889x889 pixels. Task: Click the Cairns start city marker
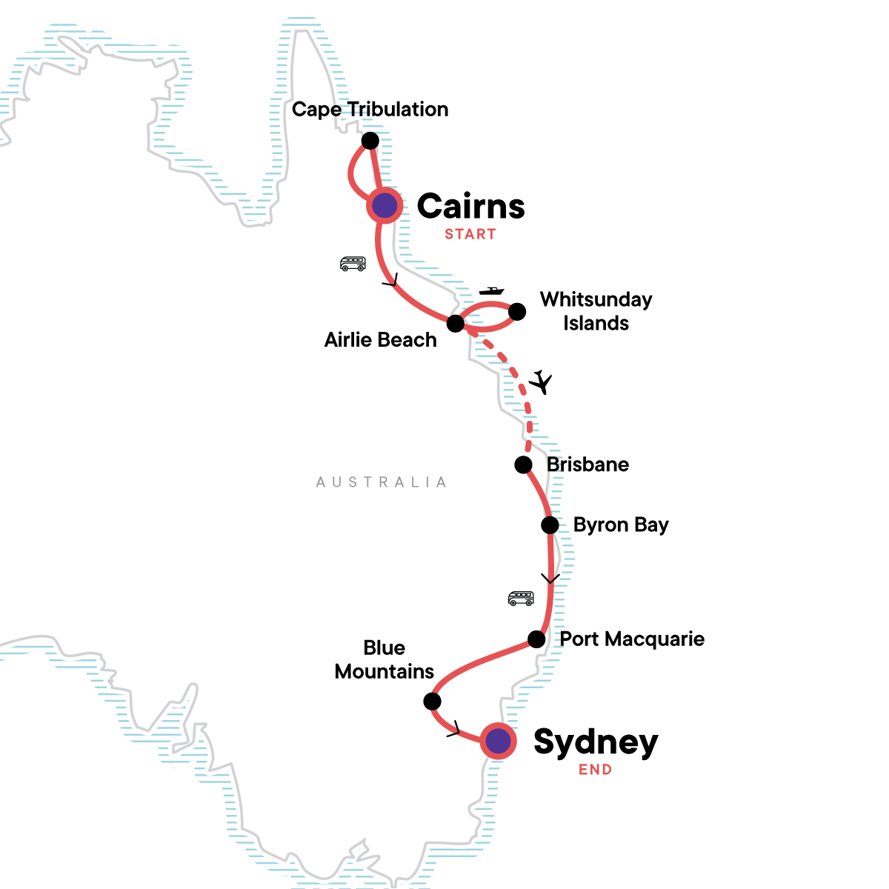384,206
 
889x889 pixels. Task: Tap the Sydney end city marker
498,740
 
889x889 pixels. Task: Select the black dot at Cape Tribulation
370,141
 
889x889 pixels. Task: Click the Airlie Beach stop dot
456,324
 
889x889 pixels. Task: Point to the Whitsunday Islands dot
517,311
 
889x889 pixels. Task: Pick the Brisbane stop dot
523,465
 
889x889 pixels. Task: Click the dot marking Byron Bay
550,525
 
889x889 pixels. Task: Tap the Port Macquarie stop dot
536,639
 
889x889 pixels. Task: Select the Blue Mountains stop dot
432,701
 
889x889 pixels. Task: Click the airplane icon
542,382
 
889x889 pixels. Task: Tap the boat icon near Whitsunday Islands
491,291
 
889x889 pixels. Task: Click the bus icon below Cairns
353,263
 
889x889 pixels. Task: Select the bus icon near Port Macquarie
521,598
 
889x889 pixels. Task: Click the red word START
470,234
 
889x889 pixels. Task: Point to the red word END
596,770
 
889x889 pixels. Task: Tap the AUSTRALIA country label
382,482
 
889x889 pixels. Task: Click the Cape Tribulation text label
370,110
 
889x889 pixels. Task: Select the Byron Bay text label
621,525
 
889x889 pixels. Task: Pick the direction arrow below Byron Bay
550,579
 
